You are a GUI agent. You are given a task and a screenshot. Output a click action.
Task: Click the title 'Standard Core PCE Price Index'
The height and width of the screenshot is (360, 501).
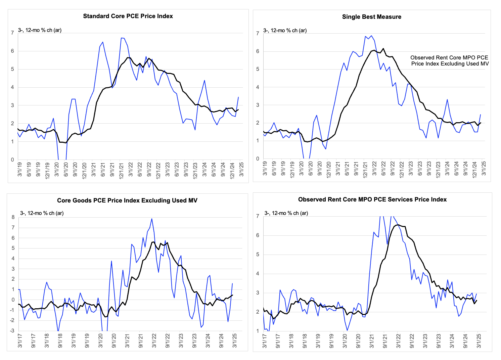point(128,16)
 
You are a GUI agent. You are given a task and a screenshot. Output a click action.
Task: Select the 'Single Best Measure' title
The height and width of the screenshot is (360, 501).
point(371,17)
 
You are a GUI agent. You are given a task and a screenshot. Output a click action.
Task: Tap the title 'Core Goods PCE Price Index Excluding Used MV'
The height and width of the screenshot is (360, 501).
point(127,200)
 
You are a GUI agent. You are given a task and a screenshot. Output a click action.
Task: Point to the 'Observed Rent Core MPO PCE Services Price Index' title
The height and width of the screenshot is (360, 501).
point(372,199)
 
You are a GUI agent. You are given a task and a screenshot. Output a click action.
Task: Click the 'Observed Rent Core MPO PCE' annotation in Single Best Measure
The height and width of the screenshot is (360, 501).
point(449,57)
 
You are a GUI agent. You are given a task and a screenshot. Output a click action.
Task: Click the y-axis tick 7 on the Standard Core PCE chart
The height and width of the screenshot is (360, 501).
point(12,33)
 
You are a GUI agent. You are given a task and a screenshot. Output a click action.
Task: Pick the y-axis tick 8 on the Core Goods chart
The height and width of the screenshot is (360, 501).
point(13,217)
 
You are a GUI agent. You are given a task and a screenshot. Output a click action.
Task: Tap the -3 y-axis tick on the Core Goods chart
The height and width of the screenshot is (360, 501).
point(12,331)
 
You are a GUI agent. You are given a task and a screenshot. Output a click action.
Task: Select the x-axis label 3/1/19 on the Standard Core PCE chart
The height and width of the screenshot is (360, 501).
point(19,169)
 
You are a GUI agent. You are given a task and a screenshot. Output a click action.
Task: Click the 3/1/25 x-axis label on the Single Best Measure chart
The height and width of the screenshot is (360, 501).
point(484,168)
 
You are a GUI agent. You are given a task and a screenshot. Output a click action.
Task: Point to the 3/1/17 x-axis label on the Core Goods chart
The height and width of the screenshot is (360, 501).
point(20,341)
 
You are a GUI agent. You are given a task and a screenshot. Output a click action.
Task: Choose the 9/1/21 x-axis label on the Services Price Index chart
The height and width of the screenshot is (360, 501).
point(385,341)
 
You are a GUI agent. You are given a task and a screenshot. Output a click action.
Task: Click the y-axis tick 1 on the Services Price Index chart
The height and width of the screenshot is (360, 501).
point(258,331)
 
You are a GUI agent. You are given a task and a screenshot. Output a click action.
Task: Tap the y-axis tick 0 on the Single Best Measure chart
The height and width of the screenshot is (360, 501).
point(258,159)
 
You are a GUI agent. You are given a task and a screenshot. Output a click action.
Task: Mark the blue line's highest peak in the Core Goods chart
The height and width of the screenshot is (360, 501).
point(152,219)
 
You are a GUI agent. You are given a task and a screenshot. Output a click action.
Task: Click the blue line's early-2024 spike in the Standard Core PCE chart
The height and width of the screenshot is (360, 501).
point(204,80)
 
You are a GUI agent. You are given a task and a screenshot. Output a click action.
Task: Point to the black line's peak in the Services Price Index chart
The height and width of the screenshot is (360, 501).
point(398,225)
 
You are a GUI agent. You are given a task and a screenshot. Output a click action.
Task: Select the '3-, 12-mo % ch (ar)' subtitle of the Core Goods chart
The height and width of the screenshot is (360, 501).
point(42,213)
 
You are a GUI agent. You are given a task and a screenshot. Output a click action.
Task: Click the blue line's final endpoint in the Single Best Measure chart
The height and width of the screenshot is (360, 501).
point(481,115)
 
